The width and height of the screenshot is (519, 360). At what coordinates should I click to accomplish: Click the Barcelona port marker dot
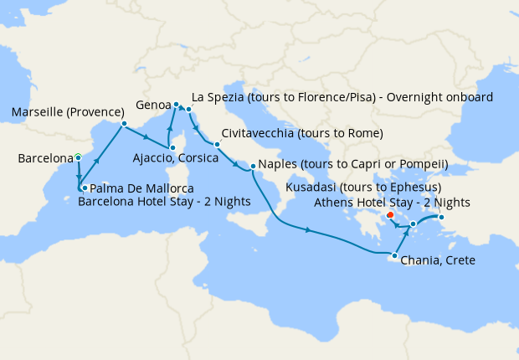78,157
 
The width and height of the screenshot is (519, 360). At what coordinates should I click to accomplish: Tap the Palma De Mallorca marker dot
85,188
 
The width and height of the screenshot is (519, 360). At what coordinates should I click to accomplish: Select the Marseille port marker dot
124,124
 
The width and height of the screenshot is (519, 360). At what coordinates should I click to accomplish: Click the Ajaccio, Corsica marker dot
172,147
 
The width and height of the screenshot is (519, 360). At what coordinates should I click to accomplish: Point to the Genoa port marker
177,105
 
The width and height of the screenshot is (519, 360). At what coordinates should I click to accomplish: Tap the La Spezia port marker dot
189,110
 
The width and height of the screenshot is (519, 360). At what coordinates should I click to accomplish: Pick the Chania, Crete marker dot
394,255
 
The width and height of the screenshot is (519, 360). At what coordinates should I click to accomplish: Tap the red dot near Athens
391,215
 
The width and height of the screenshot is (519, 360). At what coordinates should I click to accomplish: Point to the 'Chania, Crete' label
438,260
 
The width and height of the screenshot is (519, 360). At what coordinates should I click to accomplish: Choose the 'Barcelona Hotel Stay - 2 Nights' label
152,201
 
